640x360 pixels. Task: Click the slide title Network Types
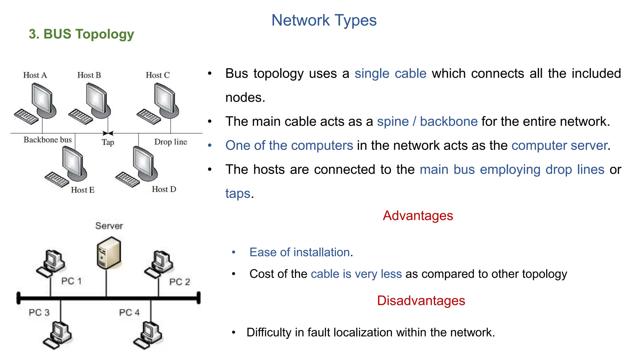pos(324,21)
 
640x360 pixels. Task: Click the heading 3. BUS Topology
pos(81,34)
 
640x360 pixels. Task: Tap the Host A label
pos(35,75)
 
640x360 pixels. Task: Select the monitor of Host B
pos(97,99)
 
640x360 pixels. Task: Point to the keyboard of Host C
pos(148,117)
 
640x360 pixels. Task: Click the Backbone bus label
pos(47,140)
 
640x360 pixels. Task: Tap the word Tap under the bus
pos(108,142)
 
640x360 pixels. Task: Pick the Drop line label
pos(171,142)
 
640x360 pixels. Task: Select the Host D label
pos(164,189)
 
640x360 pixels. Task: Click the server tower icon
pos(109,253)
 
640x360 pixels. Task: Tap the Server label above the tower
pos(109,226)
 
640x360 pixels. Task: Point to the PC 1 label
pos(72,281)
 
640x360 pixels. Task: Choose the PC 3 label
pos(39,312)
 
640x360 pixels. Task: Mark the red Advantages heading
pos(418,216)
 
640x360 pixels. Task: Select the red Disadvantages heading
pos(421,301)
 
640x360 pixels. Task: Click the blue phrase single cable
pos(390,74)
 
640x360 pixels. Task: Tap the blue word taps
pos(238,194)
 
